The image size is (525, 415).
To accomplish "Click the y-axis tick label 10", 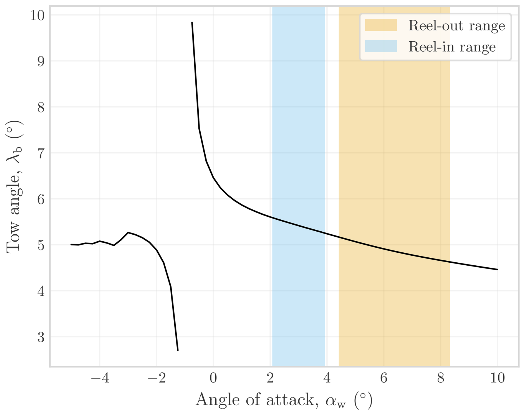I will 37,16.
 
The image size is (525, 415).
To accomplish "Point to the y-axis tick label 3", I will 41,337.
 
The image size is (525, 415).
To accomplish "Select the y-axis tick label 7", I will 41,153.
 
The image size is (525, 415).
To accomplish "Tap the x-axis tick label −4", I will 100,378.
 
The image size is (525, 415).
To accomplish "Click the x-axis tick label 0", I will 213,378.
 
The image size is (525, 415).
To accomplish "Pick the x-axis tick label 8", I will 441,378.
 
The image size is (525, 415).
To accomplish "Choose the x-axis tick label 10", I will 497,378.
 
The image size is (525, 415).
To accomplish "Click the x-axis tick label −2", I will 157,378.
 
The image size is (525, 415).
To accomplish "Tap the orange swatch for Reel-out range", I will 381,25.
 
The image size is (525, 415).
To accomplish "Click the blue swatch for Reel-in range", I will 381,46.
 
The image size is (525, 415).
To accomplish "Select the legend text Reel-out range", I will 456,26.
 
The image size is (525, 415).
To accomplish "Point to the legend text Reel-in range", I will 452,47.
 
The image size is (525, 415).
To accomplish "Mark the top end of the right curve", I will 192,22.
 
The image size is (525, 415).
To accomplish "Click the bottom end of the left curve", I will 178,350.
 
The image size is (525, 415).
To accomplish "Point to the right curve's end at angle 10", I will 498,269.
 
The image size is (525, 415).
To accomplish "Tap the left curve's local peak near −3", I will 128,232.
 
